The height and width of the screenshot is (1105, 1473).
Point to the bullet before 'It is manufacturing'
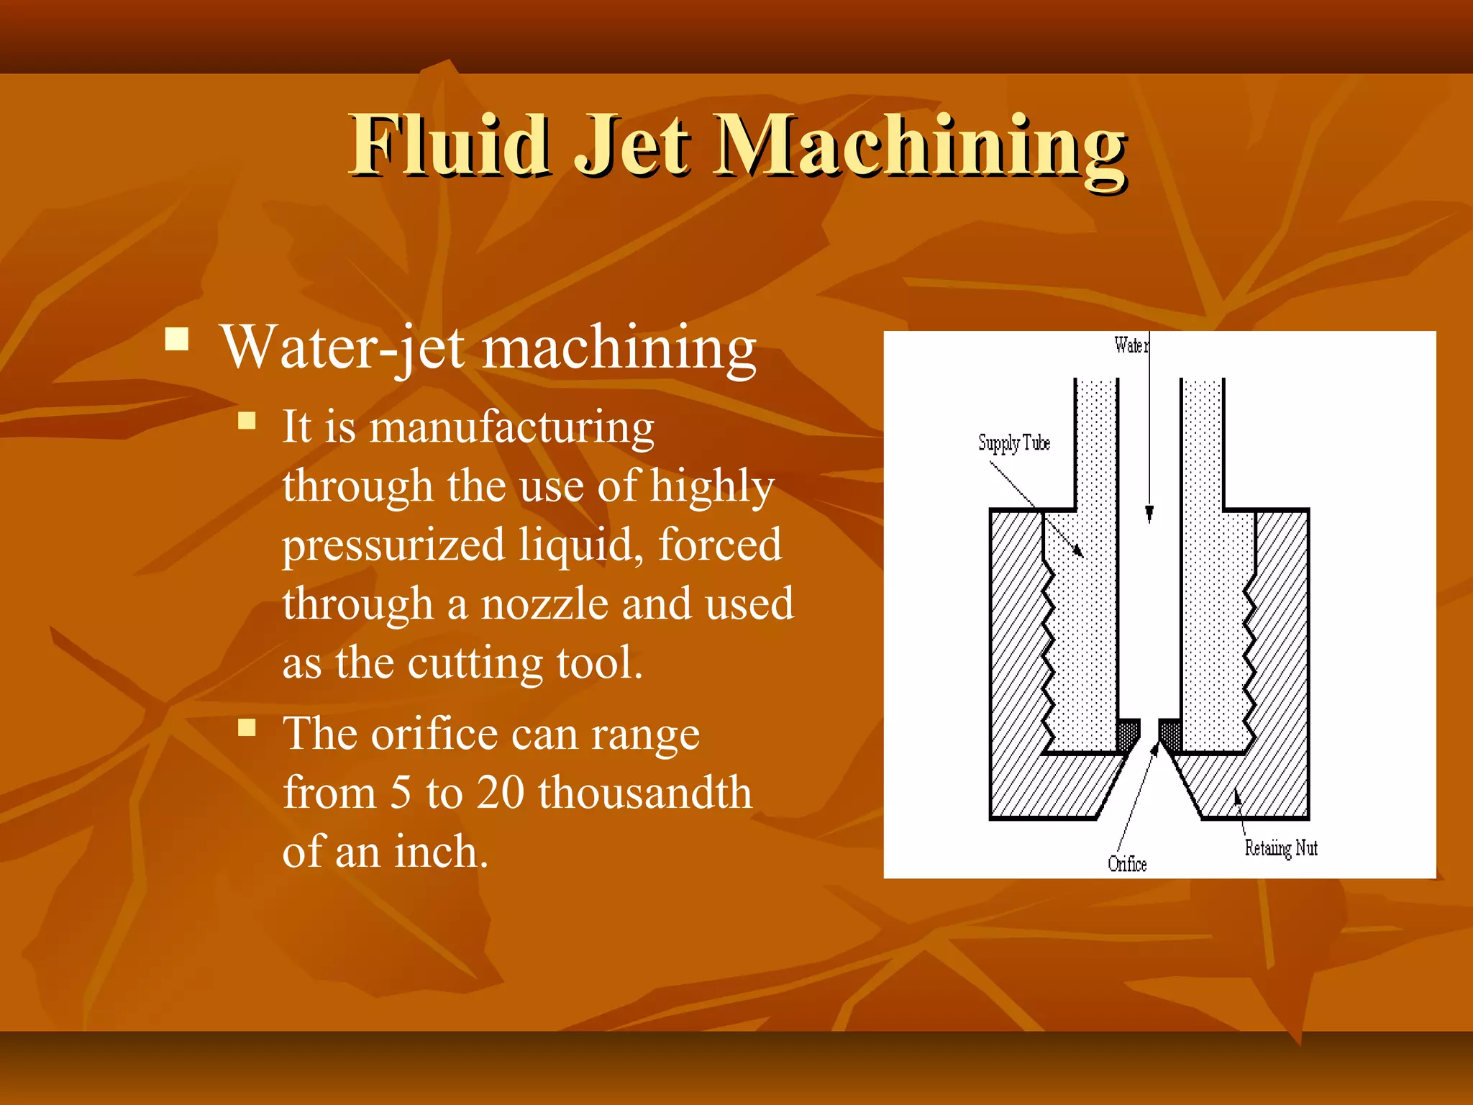point(247,420)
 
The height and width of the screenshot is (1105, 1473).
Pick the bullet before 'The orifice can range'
point(247,727)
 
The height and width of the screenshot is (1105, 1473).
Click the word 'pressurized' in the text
point(393,545)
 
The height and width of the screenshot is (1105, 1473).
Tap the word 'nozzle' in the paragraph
point(544,604)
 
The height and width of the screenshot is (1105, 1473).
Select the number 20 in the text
point(501,792)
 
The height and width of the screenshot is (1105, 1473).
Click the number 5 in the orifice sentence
point(401,792)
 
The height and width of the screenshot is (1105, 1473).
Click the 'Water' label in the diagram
point(1131,345)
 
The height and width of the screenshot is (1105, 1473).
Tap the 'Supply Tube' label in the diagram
point(1013,442)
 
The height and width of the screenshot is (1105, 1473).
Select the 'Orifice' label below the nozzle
point(1127,863)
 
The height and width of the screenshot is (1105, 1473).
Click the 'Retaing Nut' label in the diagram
point(1281,848)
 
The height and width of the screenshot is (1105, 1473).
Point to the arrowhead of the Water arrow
point(1149,514)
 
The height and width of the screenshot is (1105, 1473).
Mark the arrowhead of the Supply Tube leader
point(1078,551)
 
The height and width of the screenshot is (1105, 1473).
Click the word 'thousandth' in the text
point(645,792)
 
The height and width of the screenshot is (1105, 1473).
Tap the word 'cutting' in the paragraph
point(475,663)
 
